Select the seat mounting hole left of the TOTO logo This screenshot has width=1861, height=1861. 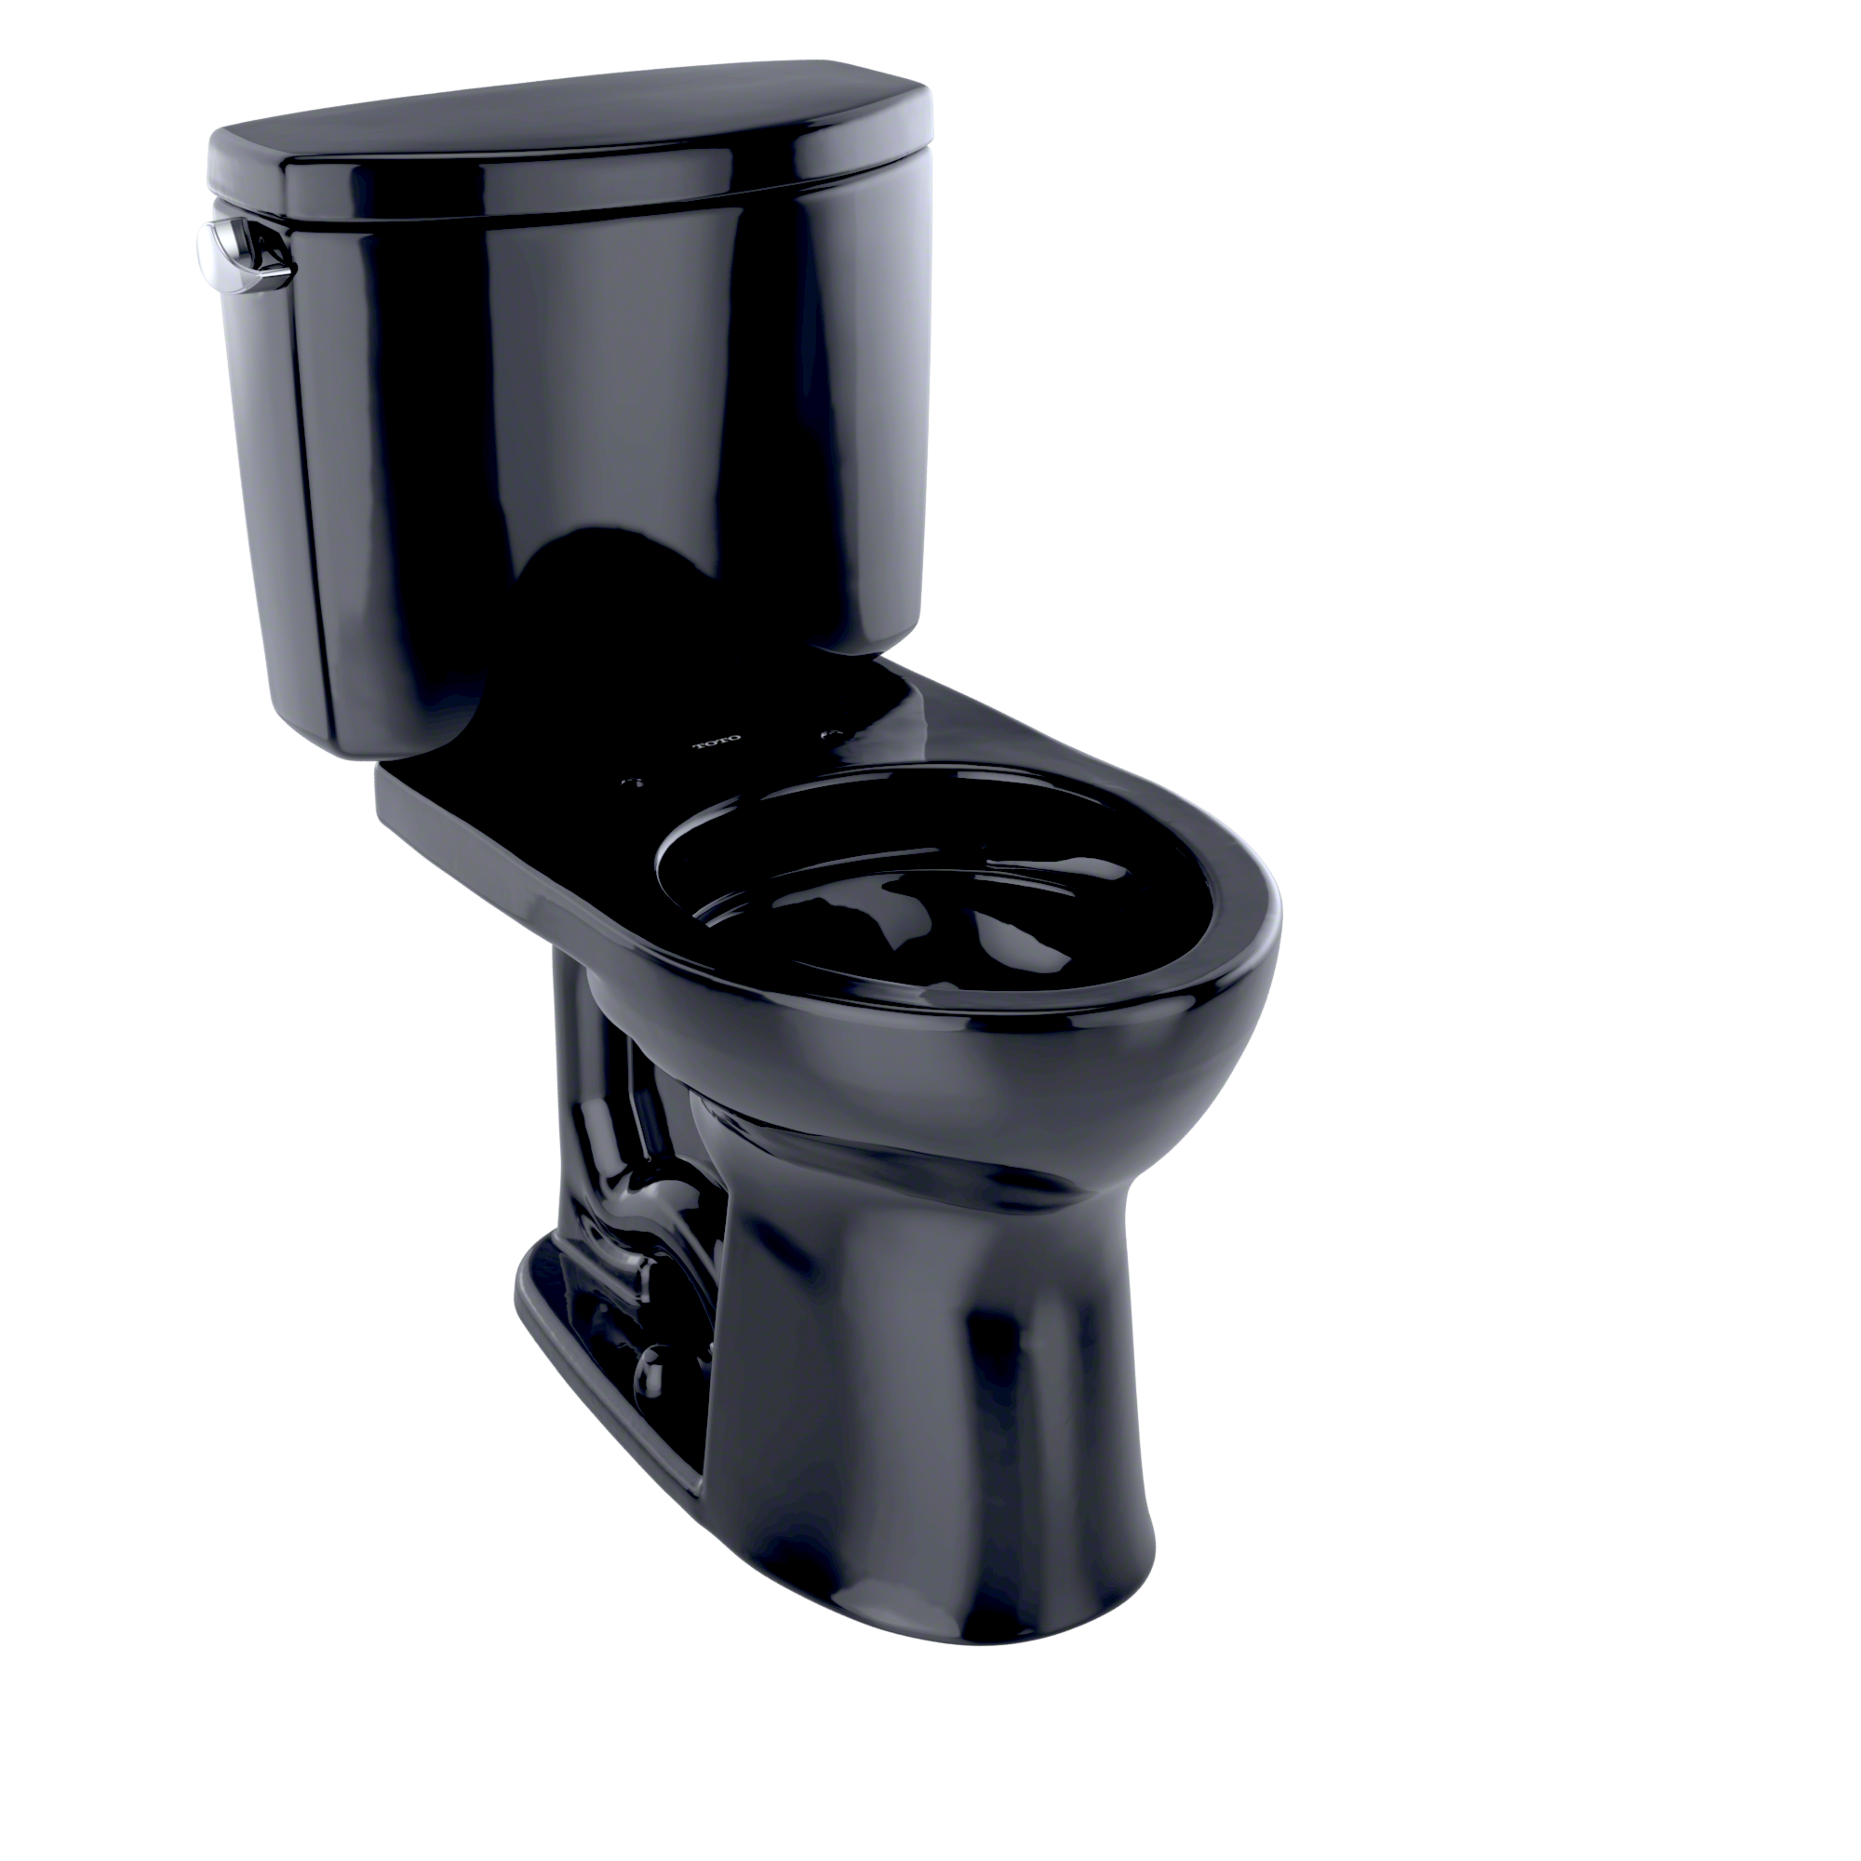coord(635,782)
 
